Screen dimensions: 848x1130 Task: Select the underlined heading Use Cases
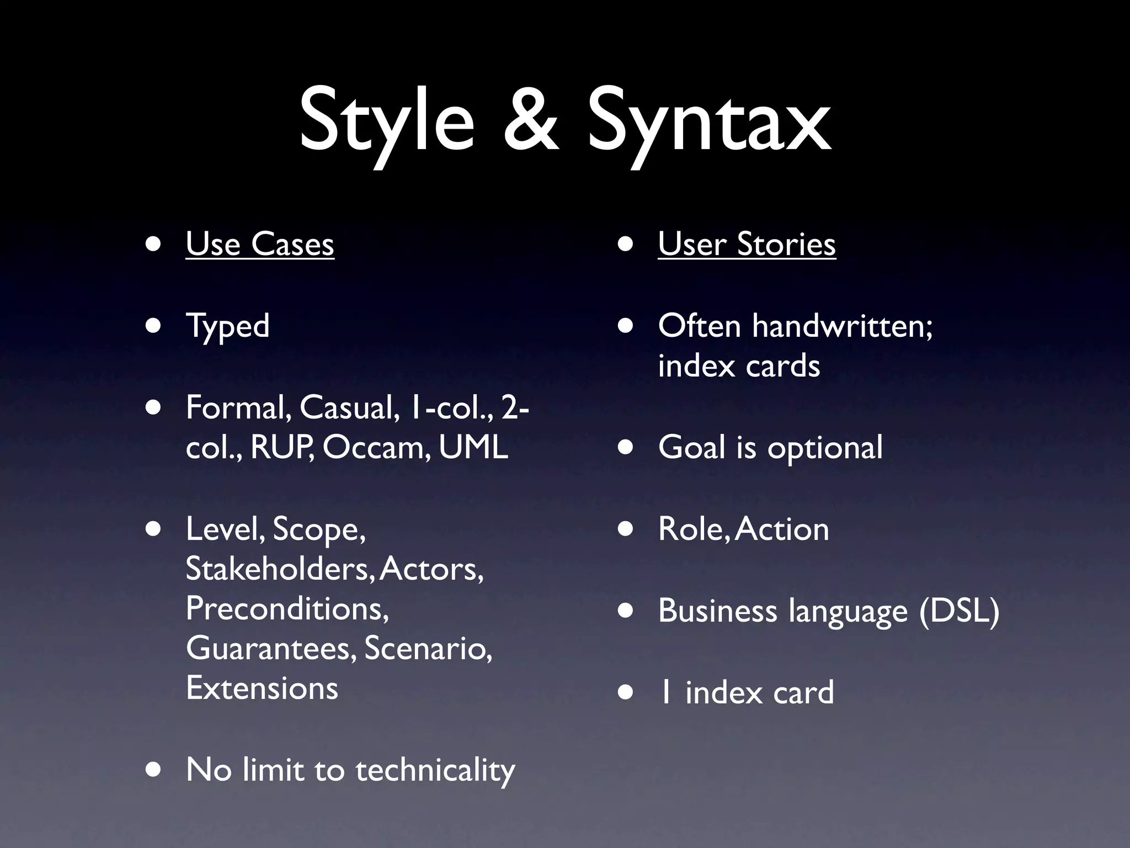pos(260,244)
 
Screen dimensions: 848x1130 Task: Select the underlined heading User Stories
pos(747,244)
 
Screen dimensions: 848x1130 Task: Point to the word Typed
pos(227,326)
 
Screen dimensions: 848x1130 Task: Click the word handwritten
pos(842,326)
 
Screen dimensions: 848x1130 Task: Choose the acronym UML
pos(473,447)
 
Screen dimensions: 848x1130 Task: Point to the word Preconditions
pos(287,609)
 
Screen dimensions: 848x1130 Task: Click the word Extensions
pos(262,688)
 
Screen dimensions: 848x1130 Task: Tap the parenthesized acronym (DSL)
pos(959,611)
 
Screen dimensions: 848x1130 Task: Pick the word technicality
pos(435,770)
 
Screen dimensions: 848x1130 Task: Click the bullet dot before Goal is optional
pos(625,448)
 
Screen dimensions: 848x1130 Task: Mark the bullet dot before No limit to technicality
pos(153,770)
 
